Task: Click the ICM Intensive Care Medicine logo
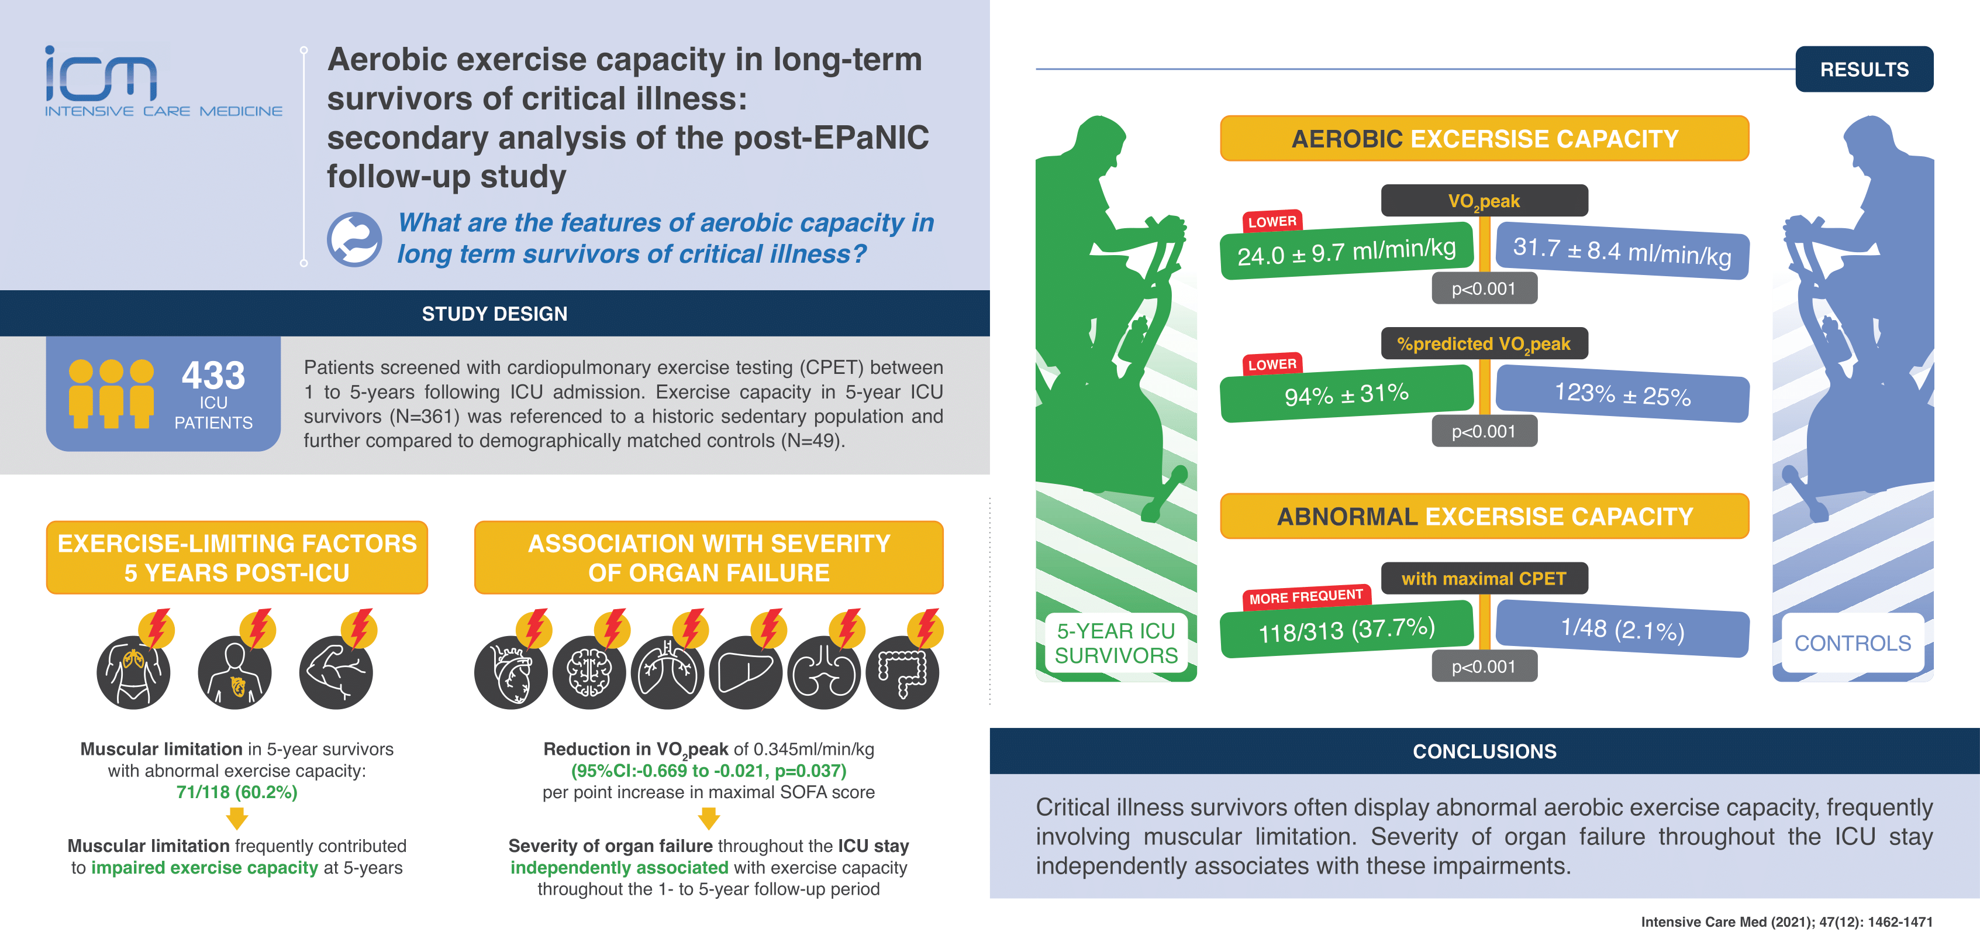163,81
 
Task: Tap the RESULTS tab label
1864,69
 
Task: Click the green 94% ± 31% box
1347,394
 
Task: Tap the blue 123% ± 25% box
1623,394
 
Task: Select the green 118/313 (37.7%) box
1347,629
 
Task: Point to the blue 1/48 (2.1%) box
1623,629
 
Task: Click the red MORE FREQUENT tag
1306,596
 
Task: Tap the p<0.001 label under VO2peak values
1484,289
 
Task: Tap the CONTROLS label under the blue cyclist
1853,643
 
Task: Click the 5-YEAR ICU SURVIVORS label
1116,643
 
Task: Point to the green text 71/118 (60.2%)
237,792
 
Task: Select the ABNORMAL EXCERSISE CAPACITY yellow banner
1484,516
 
